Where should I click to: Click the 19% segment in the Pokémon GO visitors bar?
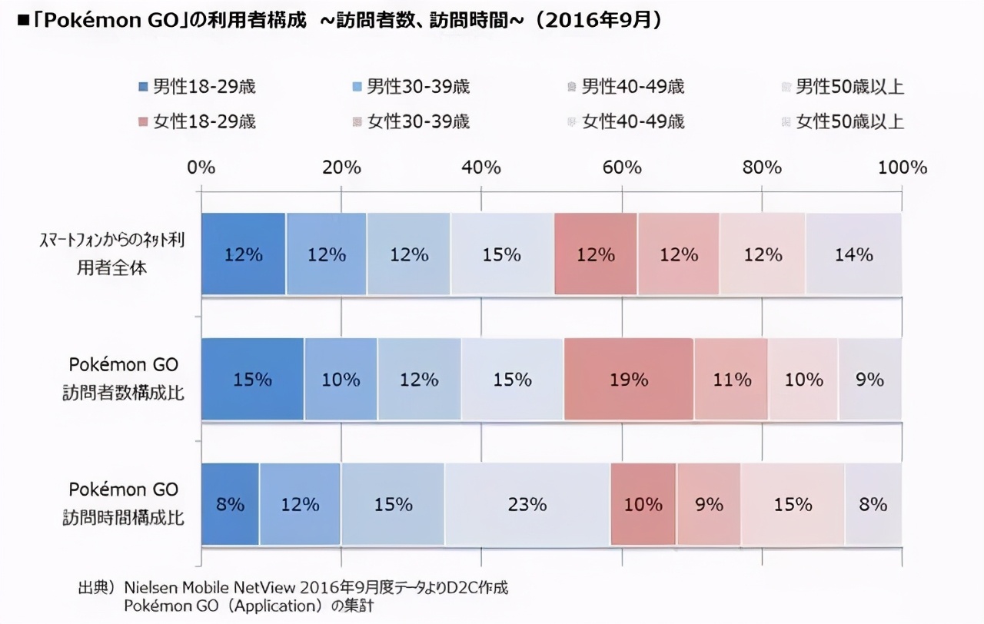629,380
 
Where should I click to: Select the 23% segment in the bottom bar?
527,505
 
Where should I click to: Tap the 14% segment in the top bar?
853,254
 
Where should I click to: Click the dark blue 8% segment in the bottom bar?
230,505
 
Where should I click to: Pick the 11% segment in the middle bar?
731,380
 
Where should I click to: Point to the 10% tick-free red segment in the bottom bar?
643,505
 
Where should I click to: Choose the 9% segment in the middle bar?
869,380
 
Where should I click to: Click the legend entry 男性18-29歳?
197,87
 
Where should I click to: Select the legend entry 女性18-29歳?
197,121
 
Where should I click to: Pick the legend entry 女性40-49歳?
626,121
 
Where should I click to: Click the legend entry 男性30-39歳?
411,87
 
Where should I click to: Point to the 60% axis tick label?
622,168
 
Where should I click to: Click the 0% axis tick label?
201,168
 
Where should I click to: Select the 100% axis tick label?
903,168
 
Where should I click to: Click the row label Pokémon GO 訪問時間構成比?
123,504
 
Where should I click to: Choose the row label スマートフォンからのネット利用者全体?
112,254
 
